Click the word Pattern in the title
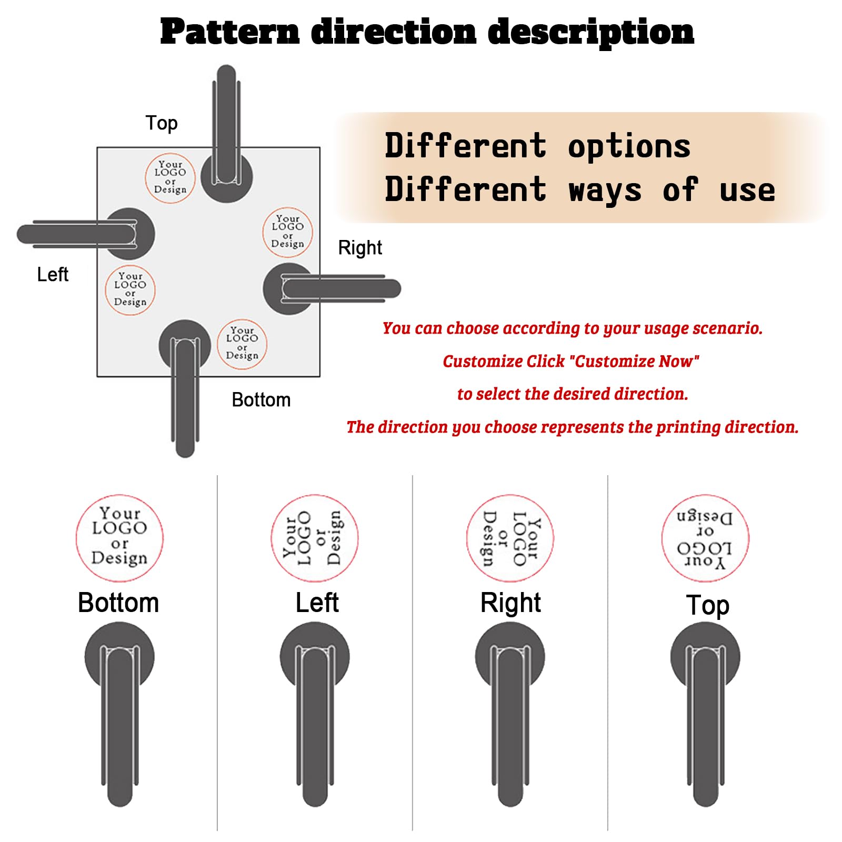pyautogui.click(x=230, y=32)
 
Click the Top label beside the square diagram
pyautogui.click(x=162, y=123)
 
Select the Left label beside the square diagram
pyautogui.click(x=53, y=274)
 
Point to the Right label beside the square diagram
pyautogui.click(x=360, y=247)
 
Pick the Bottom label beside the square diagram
pyautogui.click(x=261, y=400)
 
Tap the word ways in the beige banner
pyautogui.click(x=605, y=191)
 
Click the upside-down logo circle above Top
pyautogui.click(x=705, y=538)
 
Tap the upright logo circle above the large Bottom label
pyautogui.click(x=119, y=538)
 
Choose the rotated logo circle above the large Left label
pyautogui.click(x=315, y=538)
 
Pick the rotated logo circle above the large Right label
pyautogui.click(x=510, y=538)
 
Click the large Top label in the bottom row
pyautogui.click(x=708, y=605)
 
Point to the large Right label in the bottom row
pyautogui.click(x=510, y=603)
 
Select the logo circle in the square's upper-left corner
pyautogui.click(x=170, y=177)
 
